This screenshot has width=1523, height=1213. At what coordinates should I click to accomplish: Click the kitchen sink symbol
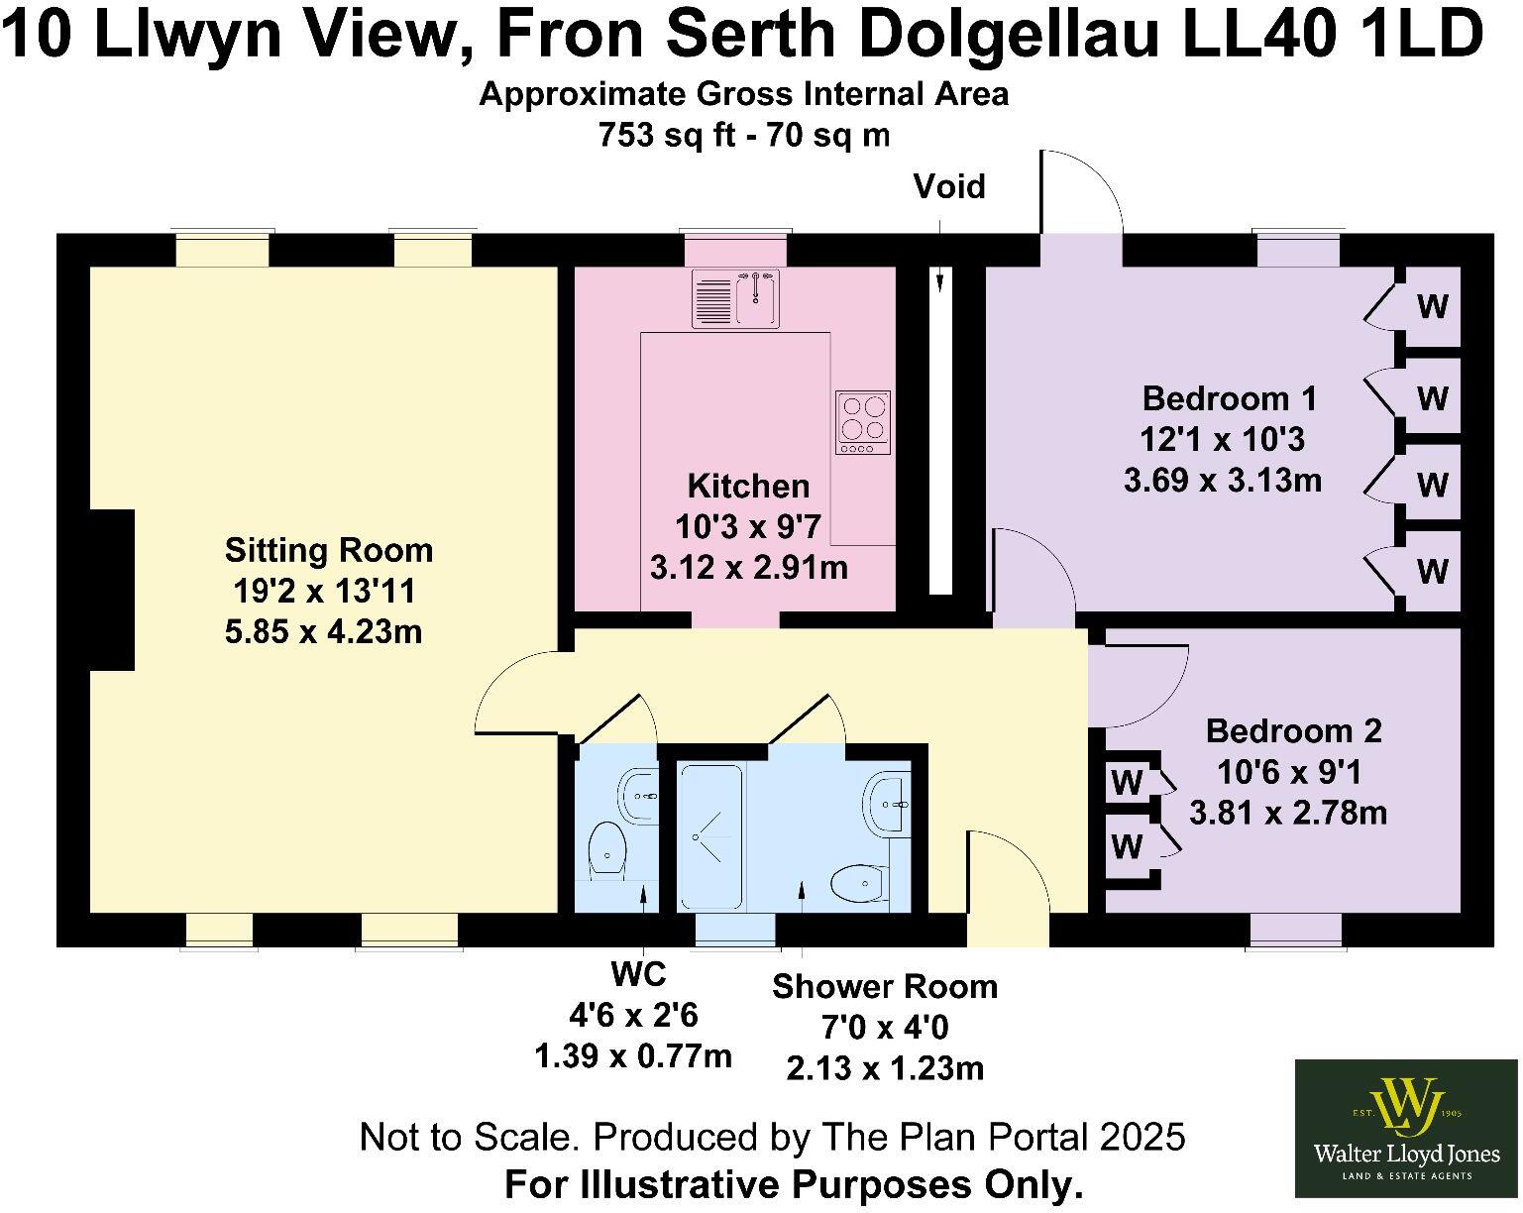tap(736, 298)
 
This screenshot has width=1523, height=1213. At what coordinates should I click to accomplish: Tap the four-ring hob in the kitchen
tap(863, 422)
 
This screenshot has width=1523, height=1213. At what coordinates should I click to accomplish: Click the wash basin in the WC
tap(638, 795)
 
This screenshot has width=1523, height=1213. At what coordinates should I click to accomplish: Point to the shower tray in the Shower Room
tap(709, 836)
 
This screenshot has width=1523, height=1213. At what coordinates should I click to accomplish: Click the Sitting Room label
tap(328, 550)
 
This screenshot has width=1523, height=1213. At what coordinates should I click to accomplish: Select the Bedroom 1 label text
tap(1230, 398)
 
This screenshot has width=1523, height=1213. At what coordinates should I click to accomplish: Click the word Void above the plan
tap(949, 186)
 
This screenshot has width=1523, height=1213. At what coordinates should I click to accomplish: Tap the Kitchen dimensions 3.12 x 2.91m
tap(748, 568)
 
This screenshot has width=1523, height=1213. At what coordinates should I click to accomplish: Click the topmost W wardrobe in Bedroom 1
tap(1432, 306)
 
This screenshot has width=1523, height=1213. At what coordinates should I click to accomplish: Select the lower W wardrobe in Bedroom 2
tap(1127, 847)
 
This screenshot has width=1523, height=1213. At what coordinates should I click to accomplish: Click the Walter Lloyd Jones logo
tap(1406, 1128)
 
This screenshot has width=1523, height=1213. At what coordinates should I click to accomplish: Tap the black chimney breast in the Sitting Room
tap(112, 591)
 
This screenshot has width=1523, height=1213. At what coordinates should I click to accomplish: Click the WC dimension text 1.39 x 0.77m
tap(633, 1056)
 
